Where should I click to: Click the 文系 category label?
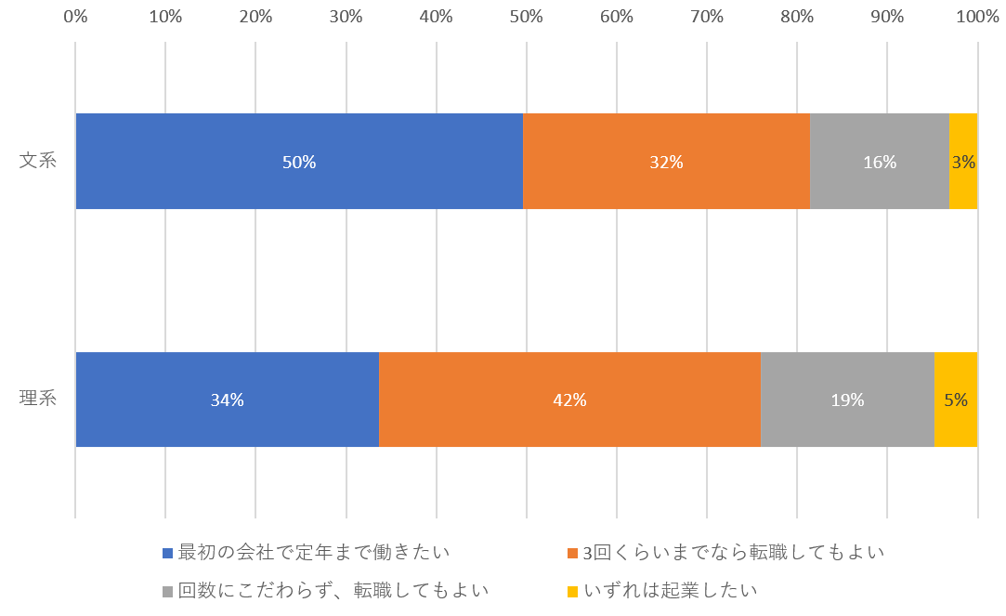(x=38, y=161)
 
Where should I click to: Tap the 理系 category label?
(x=38, y=400)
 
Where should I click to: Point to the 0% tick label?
(x=75, y=17)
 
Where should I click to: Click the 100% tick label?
(x=976, y=17)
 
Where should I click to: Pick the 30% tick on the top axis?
(x=346, y=17)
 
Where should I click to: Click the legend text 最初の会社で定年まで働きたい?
(x=314, y=552)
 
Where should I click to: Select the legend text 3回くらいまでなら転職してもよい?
(x=733, y=552)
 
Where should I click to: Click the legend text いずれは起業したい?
(x=671, y=591)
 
